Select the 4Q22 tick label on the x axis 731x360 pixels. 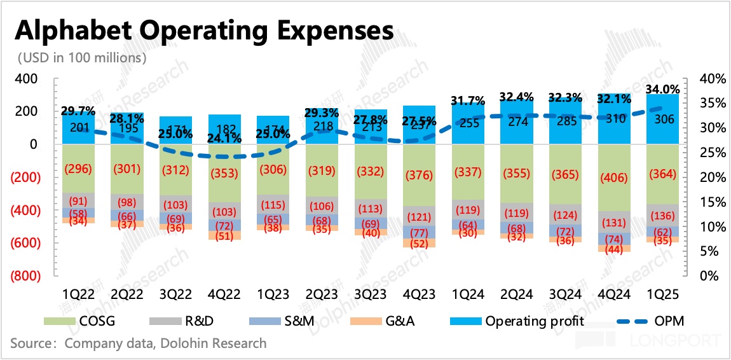[224, 294]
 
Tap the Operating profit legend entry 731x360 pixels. [522, 321]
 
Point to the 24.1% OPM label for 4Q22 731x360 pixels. [224, 137]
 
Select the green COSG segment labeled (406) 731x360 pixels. [614, 179]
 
